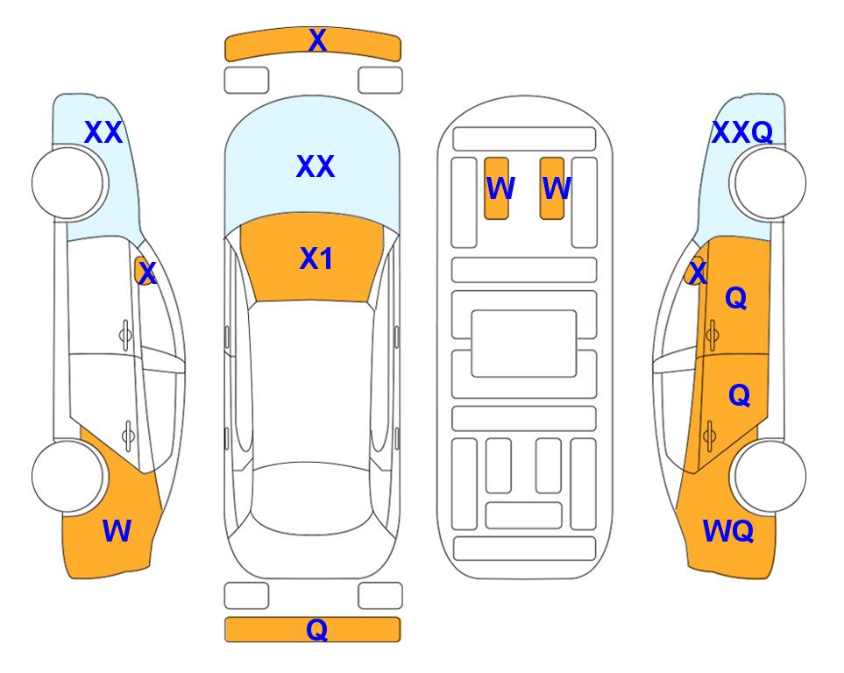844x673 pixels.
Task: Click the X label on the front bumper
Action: (317, 40)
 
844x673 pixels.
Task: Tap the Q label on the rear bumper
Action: (317, 629)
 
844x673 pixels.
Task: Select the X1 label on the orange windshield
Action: (316, 259)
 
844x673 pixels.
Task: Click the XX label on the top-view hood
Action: (316, 166)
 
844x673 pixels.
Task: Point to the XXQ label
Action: (742, 132)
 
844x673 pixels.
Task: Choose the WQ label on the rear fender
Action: (728, 531)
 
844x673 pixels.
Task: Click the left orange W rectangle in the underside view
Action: (496, 188)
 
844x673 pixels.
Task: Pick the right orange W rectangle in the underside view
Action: (552, 188)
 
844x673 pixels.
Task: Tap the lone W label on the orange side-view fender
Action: (117, 531)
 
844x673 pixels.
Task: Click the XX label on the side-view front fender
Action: (104, 132)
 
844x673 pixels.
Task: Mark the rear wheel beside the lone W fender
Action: (67, 476)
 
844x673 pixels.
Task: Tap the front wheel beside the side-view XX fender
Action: (67, 183)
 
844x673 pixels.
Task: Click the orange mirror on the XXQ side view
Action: (694, 271)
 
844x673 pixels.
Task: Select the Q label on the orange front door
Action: (736, 298)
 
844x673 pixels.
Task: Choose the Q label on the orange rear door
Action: (739, 396)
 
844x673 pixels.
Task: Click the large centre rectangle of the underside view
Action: (524, 344)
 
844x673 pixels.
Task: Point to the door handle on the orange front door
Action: (713, 335)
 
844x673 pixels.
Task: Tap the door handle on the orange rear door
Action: (710, 436)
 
